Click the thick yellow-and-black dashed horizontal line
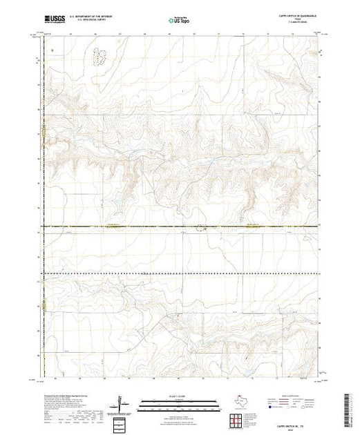pos(138,226)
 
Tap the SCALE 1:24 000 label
pos(180,396)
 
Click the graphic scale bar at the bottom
pos(180,402)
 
